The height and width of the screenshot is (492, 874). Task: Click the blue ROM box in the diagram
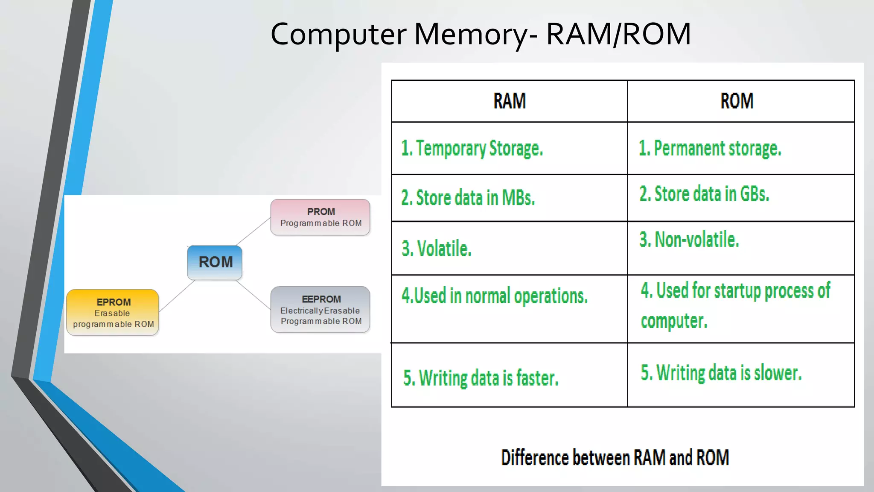[215, 262]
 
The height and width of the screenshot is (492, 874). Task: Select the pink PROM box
[320, 217]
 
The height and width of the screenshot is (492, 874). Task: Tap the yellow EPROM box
[113, 313]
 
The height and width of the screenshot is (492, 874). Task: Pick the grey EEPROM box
[320, 310]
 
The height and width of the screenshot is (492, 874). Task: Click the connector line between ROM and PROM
[253, 231]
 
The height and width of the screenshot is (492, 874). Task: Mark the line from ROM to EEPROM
[253, 294]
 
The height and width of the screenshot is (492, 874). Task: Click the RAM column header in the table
[509, 101]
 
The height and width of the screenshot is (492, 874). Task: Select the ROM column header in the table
[737, 101]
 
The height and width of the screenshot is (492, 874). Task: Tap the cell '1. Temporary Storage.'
[472, 149]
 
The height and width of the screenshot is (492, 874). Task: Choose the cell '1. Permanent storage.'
[710, 149]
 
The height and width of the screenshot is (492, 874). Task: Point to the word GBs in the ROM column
[755, 194]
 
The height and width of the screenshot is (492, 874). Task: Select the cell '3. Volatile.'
[437, 249]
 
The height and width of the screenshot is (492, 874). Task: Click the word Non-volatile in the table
[696, 240]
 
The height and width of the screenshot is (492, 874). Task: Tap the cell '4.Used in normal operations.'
[495, 296]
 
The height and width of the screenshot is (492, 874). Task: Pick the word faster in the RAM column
[537, 378]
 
